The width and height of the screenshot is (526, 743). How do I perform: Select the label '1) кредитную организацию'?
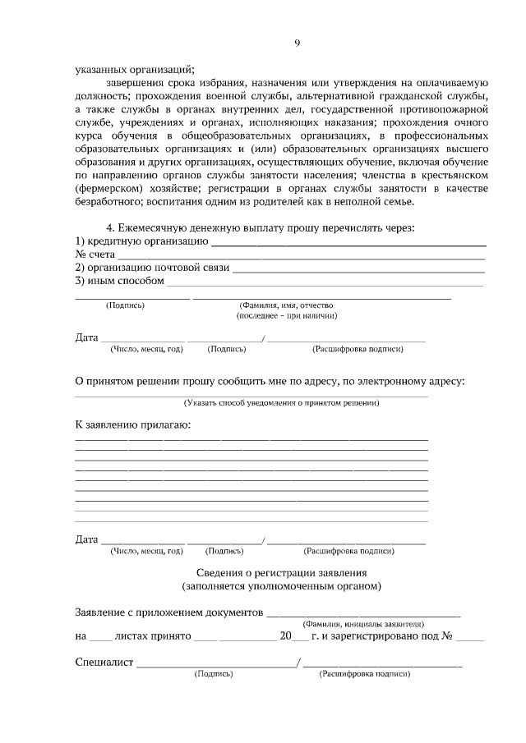coord(141,241)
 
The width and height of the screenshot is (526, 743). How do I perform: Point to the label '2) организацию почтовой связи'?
coord(152,268)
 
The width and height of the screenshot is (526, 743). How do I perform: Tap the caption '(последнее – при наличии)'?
coord(286,315)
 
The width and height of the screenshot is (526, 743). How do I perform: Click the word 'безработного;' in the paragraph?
coord(108,202)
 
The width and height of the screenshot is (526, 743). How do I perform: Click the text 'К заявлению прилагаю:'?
coord(132,425)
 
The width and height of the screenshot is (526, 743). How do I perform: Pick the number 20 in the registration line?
coord(285,636)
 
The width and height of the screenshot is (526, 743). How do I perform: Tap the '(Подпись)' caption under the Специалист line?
coord(214,674)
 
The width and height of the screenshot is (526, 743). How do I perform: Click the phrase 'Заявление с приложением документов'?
coord(168,612)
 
